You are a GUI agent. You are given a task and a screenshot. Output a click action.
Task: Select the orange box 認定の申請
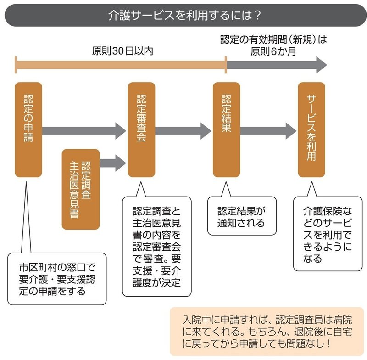[28, 129]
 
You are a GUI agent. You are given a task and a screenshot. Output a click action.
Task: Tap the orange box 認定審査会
[141, 129]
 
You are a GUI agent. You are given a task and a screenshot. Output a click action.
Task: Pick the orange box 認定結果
[226, 129]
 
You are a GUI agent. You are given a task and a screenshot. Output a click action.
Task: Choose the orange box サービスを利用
[311, 129]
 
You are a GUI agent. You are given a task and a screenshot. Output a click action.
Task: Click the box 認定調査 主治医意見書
[81, 189]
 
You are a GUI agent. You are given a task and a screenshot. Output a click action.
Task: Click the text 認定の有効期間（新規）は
[273, 40]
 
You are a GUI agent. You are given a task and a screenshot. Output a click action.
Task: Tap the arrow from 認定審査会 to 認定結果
[183, 131]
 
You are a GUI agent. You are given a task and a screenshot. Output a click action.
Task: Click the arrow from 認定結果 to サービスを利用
[268, 131]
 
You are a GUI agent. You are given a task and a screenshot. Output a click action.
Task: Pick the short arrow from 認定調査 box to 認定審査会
[113, 162]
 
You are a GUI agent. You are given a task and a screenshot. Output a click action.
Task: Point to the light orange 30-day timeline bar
[121, 65]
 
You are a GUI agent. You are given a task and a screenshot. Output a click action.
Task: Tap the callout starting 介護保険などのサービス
[327, 234]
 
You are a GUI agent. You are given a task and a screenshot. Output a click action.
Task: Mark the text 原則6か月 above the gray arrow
[273, 51]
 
